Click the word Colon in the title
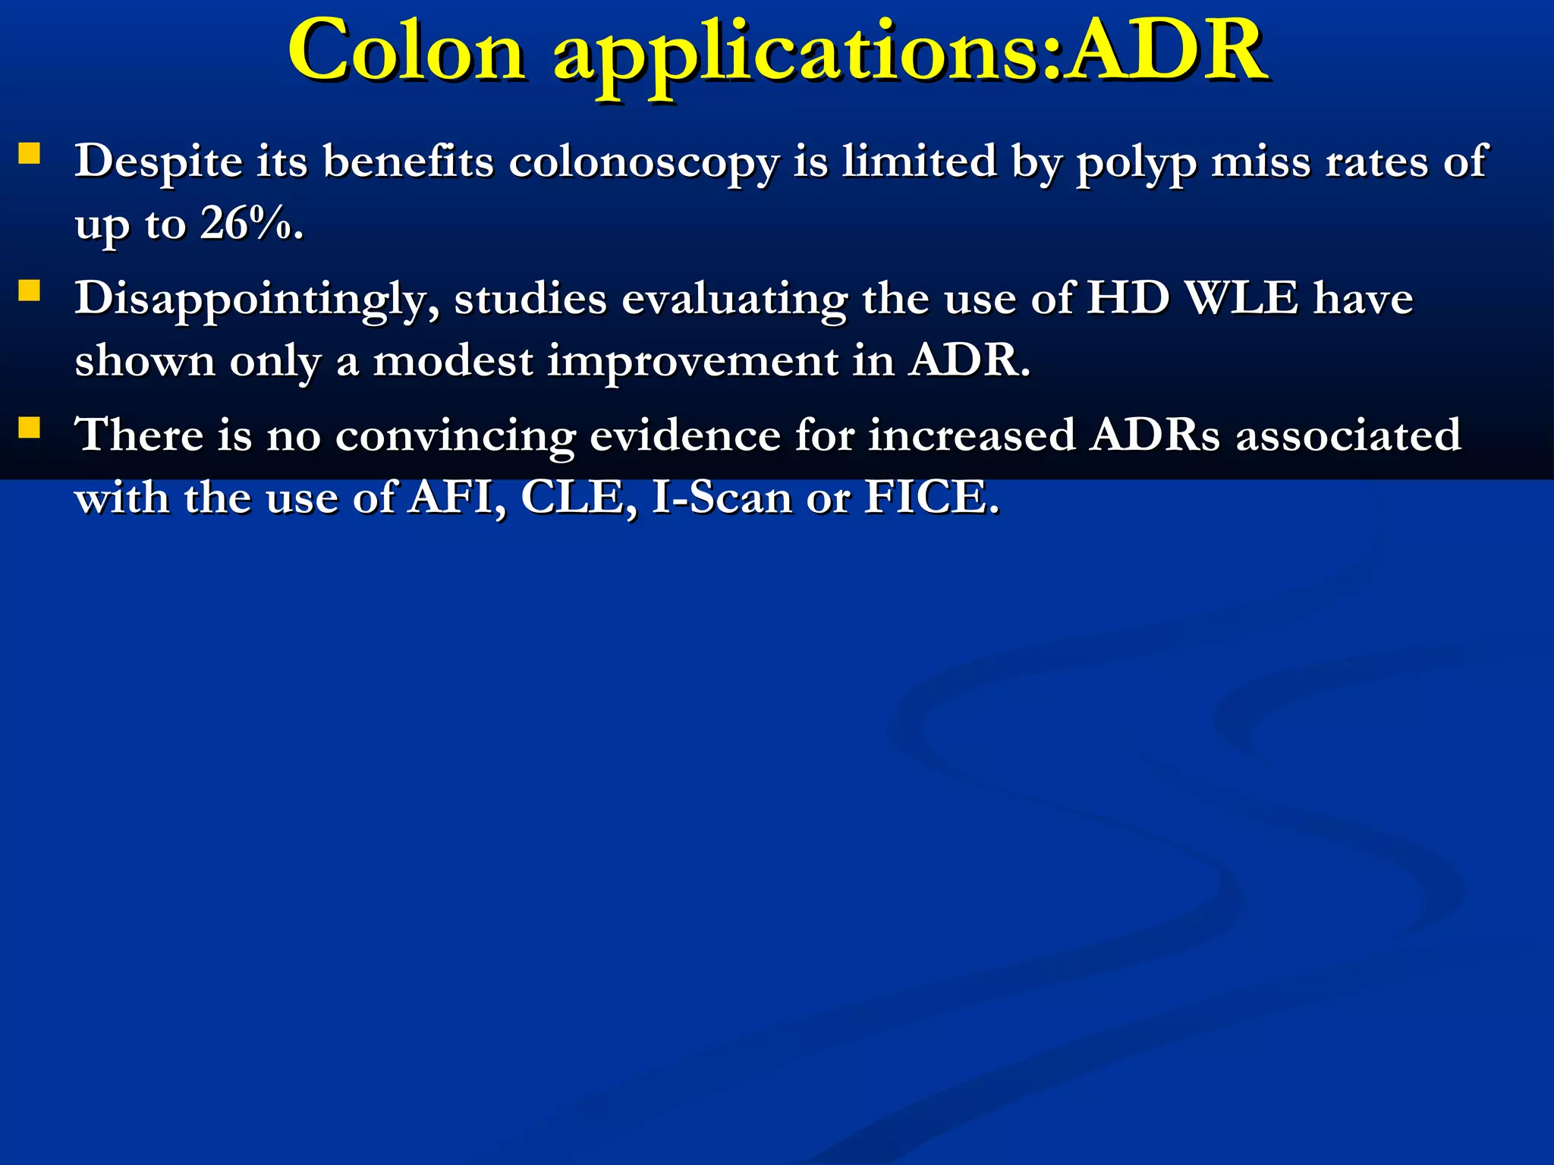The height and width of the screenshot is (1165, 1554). (407, 52)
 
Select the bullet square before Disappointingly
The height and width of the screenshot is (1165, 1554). (30, 291)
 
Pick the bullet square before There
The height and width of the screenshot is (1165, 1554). (30, 429)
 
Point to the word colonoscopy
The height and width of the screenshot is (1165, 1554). (643, 162)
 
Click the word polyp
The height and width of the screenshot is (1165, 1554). (1136, 162)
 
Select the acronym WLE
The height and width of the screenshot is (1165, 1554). (1241, 298)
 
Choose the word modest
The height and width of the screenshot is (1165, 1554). (452, 360)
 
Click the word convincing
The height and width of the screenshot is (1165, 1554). (455, 437)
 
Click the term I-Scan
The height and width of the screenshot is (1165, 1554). (722, 499)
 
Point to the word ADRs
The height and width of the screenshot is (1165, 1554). (1155, 436)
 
